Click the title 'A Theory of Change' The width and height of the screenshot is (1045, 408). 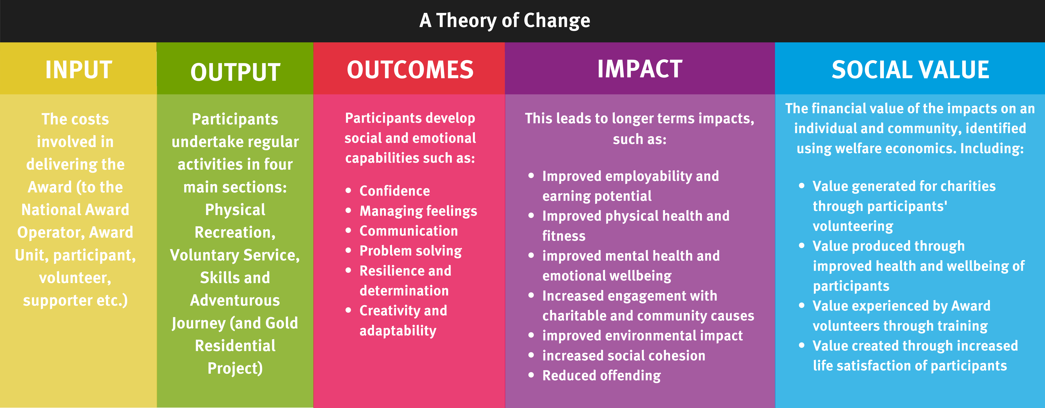coord(505,20)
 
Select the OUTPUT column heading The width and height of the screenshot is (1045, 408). coord(235,72)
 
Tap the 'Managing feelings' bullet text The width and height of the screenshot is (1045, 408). coord(418,211)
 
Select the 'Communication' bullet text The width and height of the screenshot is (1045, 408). coord(408,231)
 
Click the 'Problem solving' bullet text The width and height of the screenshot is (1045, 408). coord(411,251)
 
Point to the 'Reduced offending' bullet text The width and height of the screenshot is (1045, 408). coord(602,376)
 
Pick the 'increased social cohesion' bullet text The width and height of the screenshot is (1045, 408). coord(624,356)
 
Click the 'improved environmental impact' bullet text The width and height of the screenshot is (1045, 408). coord(643,336)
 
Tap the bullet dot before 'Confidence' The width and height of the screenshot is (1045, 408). coord(348,190)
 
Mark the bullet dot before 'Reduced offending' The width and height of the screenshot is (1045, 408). coord(531,375)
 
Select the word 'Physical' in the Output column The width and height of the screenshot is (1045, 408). coord(235,210)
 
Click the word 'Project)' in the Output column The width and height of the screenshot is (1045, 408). coord(235,368)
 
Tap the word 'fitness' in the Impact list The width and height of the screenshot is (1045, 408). coord(564,236)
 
